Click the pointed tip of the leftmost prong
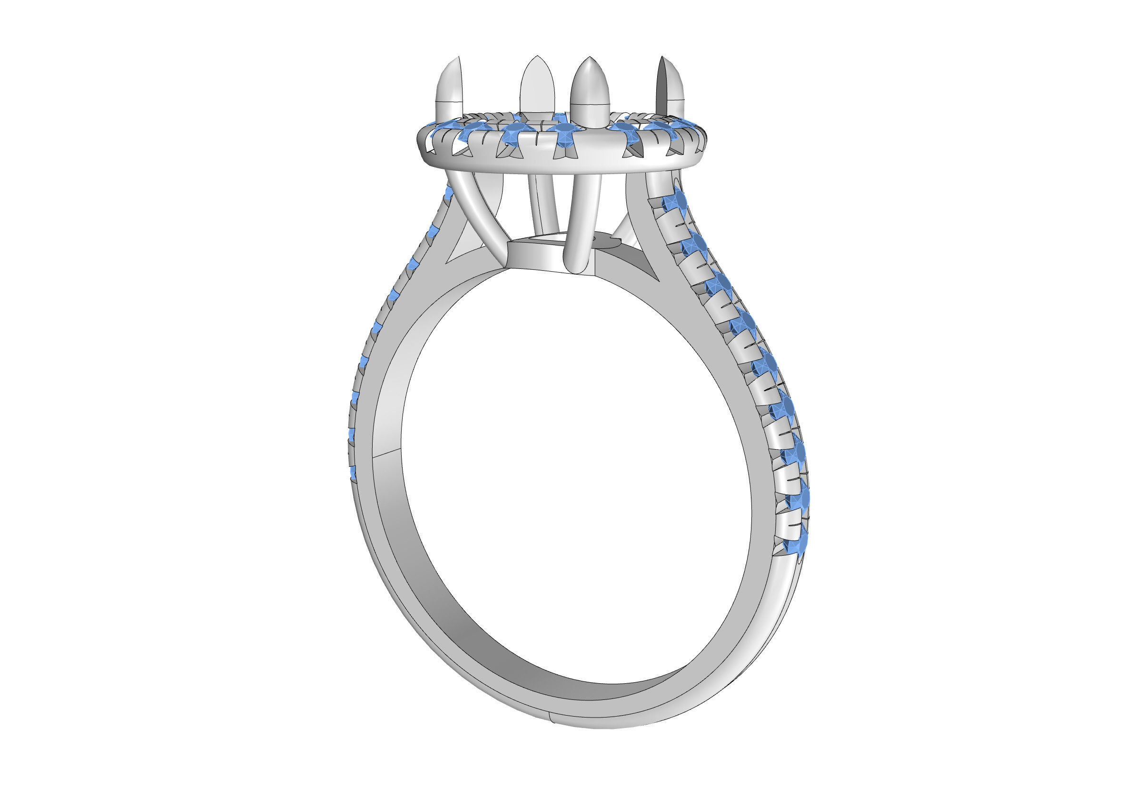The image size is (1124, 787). [458, 58]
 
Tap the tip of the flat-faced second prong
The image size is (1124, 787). [537, 57]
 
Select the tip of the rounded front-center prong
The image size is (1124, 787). [591, 58]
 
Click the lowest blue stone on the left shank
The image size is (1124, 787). [352, 473]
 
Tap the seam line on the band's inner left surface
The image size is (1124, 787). [388, 452]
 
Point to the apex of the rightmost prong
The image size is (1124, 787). [662, 57]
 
